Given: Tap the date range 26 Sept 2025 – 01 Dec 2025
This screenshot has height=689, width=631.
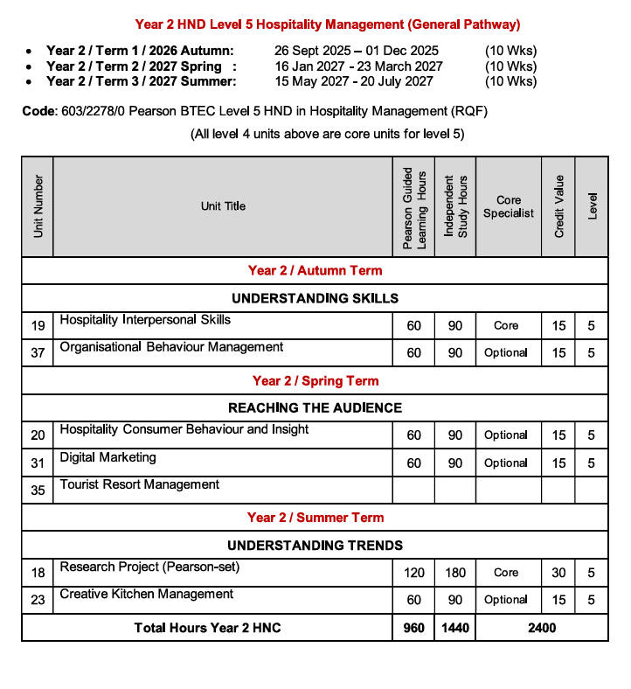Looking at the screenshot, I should tap(356, 51).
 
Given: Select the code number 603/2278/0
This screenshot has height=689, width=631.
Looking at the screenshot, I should tap(92, 111).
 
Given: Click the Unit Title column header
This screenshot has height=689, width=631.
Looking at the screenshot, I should tap(223, 206).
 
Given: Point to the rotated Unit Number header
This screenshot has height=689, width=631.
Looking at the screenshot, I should tap(38, 206).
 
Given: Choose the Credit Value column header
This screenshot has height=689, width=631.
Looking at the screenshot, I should tap(559, 206).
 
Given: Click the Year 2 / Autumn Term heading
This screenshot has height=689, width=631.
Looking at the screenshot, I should tap(315, 270).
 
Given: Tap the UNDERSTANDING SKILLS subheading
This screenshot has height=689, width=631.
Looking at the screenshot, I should tap(315, 298).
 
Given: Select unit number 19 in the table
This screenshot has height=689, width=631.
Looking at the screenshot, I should tap(38, 326).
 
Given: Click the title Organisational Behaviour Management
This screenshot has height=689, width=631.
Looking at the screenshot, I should tap(171, 347).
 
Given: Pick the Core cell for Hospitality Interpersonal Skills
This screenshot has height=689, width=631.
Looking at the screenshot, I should tap(506, 325).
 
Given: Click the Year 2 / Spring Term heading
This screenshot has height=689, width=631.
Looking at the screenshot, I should tap(315, 380).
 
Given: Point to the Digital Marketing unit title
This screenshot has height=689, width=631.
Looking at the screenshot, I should tap(107, 457).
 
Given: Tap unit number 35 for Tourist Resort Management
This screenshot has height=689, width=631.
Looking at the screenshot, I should tap(38, 491).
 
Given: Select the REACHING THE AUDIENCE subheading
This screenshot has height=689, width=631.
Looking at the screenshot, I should tap(315, 407).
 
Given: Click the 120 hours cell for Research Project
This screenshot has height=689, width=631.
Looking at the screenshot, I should tap(413, 573).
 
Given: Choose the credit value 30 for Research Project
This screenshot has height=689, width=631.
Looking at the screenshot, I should tap(558, 573).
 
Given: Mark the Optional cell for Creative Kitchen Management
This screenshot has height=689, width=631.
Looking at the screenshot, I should tap(506, 600).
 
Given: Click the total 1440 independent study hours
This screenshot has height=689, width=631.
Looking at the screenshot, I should tap(454, 628).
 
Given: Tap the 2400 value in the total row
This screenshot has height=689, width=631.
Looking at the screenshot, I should tap(542, 628).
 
